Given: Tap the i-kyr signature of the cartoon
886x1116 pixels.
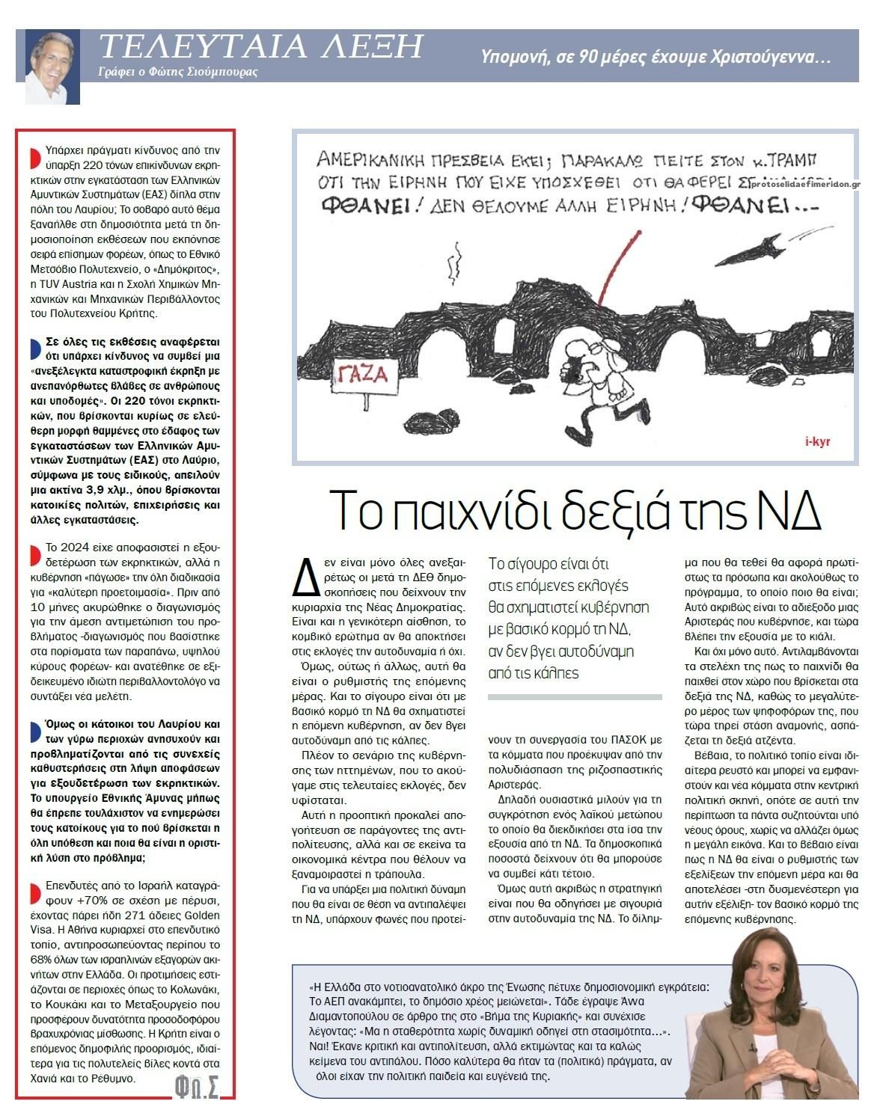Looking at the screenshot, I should [x=817, y=441].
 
